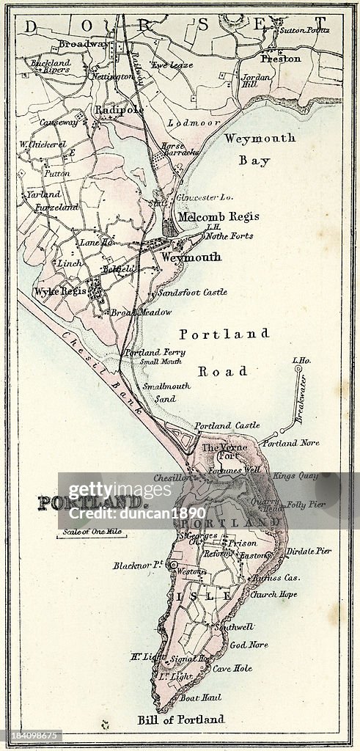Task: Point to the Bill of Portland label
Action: [181, 719]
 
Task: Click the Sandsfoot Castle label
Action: [192, 292]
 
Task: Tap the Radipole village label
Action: [118, 109]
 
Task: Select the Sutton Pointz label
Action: [304, 30]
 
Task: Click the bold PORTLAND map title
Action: [92, 503]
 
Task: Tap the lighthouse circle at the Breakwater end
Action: [298, 370]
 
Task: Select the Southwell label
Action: [235, 628]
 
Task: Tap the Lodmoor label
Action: [184, 123]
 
